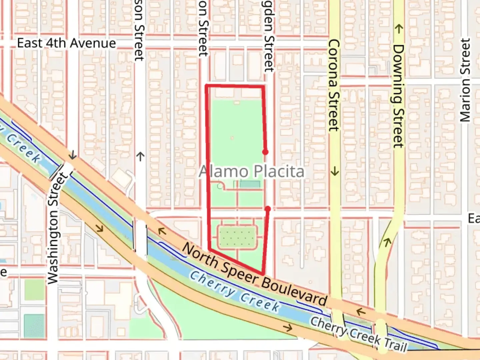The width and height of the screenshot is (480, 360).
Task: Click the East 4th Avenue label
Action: click(66, 43)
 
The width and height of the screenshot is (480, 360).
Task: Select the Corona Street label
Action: click(334, 85)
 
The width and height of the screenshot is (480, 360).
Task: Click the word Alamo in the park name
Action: click(228, 172)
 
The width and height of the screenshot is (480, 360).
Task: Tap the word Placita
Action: click(279, 172)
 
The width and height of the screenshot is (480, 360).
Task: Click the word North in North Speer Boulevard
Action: click(200, 254)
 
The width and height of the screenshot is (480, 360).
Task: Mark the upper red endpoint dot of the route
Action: click(265, 152)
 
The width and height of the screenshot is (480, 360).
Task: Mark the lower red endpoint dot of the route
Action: click(267, 209)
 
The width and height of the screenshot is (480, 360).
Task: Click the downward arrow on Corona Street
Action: click(335, 172)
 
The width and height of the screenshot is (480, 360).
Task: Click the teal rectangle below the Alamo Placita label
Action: click(250, 184)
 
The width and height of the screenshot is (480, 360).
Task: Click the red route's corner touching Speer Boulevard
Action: click(263, 274)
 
